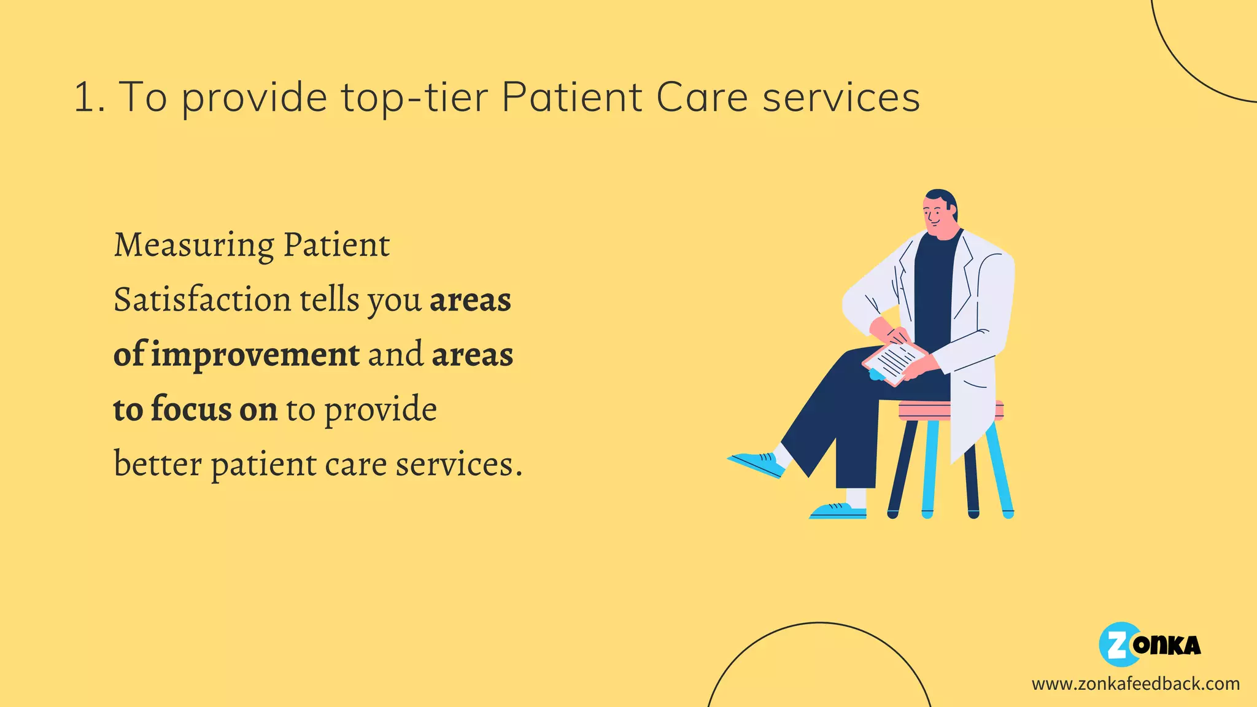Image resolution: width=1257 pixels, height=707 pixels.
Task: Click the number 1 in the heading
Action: [83, 98]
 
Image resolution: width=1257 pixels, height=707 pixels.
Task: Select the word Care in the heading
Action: [702, 98]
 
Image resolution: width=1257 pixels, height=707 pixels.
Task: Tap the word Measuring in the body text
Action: [194, 245]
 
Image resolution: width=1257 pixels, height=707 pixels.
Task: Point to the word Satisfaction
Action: [202, 299]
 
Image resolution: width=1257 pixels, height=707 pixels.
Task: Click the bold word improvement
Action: [255, 355]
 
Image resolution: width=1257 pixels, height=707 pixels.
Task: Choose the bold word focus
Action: [191, 409]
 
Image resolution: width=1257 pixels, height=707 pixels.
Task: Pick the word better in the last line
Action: [158, 464]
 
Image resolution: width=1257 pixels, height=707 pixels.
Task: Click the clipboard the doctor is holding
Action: [894, 362]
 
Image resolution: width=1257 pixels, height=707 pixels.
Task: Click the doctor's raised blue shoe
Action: [756, 464]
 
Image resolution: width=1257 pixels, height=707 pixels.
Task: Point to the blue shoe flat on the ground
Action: [838, 511]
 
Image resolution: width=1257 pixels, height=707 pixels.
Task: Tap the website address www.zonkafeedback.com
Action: [1135, 684]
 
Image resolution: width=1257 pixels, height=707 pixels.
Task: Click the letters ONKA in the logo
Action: [1167, 646]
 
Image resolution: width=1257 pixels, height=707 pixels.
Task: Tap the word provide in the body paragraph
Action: [381, 410]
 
